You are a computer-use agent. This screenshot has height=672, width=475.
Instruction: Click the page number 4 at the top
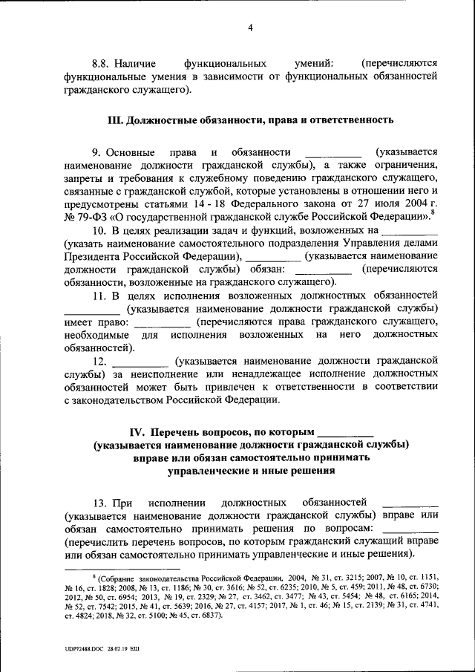pos(251,28)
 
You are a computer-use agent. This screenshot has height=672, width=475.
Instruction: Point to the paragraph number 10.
pos(99,235)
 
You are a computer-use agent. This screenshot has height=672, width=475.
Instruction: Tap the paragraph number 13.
pos(99,502)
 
